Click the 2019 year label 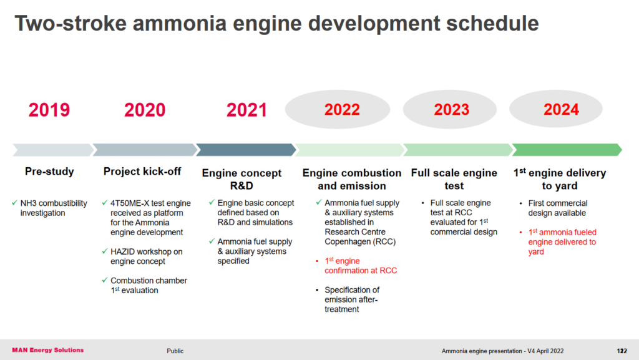49,110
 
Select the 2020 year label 145,110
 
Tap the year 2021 246,110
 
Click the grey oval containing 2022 342,110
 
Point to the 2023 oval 451,110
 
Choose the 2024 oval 561,110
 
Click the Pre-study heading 49,172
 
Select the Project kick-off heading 143,172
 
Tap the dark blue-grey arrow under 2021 246,150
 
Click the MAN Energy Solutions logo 47,350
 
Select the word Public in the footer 175,351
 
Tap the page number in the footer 622,351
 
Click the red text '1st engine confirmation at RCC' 361,266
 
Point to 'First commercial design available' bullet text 558,208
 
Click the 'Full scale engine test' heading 454,179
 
